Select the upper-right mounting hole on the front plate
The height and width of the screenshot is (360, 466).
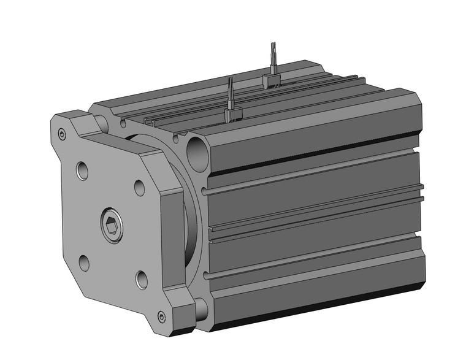coord(139,187)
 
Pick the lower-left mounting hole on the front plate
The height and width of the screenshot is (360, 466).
coord(85,262)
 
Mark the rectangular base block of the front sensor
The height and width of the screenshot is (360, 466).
coord(234,113)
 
